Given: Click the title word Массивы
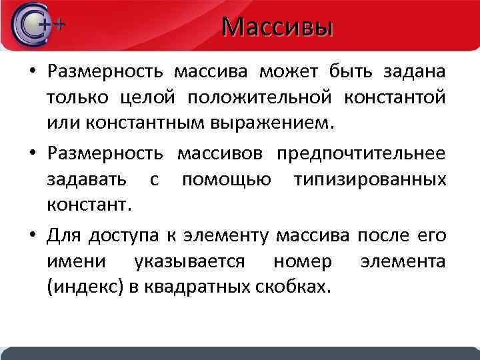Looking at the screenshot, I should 277,27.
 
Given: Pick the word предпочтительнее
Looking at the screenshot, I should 363,153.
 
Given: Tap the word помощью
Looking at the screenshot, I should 227,180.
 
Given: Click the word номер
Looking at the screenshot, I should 302,262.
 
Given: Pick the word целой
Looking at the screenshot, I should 147,98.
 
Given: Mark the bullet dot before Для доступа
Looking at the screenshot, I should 33,235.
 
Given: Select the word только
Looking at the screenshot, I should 74,98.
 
